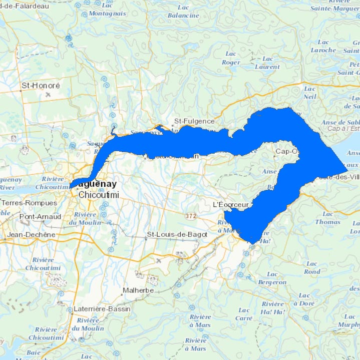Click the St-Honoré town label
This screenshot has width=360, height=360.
pyautogui.click(x=41, y=86)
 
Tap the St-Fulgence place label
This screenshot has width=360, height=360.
pyautogui.click(x=194, y=121)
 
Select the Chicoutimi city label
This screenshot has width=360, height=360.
pyautogui.click(x=99, y=195)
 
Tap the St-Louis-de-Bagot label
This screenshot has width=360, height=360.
pyautogui.click(x=176, y=234)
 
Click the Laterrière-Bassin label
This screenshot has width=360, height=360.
pyautogui.click(x=102, y=309)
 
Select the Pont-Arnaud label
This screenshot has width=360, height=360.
pyautogui.click(x=40, y=217)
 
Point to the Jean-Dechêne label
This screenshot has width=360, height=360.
pyautogui.click(x=32, y=234)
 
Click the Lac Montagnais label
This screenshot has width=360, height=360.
pyautogui.click(x=108, y=10)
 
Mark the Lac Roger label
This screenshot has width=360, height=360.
pyautogui.click(x=231, y=58)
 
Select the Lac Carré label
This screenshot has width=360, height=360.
pyautogui.click(x=244, y=314)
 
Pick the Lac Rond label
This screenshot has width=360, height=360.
pyautogui.click(x=311, y=267)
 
